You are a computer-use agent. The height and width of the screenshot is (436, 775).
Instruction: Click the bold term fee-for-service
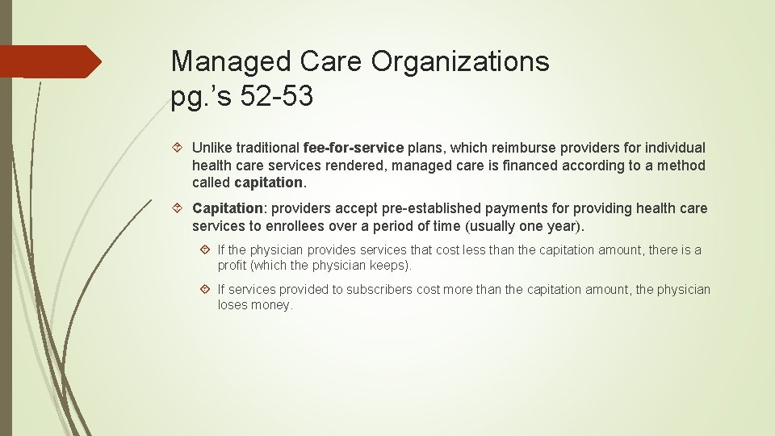353,148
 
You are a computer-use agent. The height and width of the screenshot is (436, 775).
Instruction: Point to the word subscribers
379,289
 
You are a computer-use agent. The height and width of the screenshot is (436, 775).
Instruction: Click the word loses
232,305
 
